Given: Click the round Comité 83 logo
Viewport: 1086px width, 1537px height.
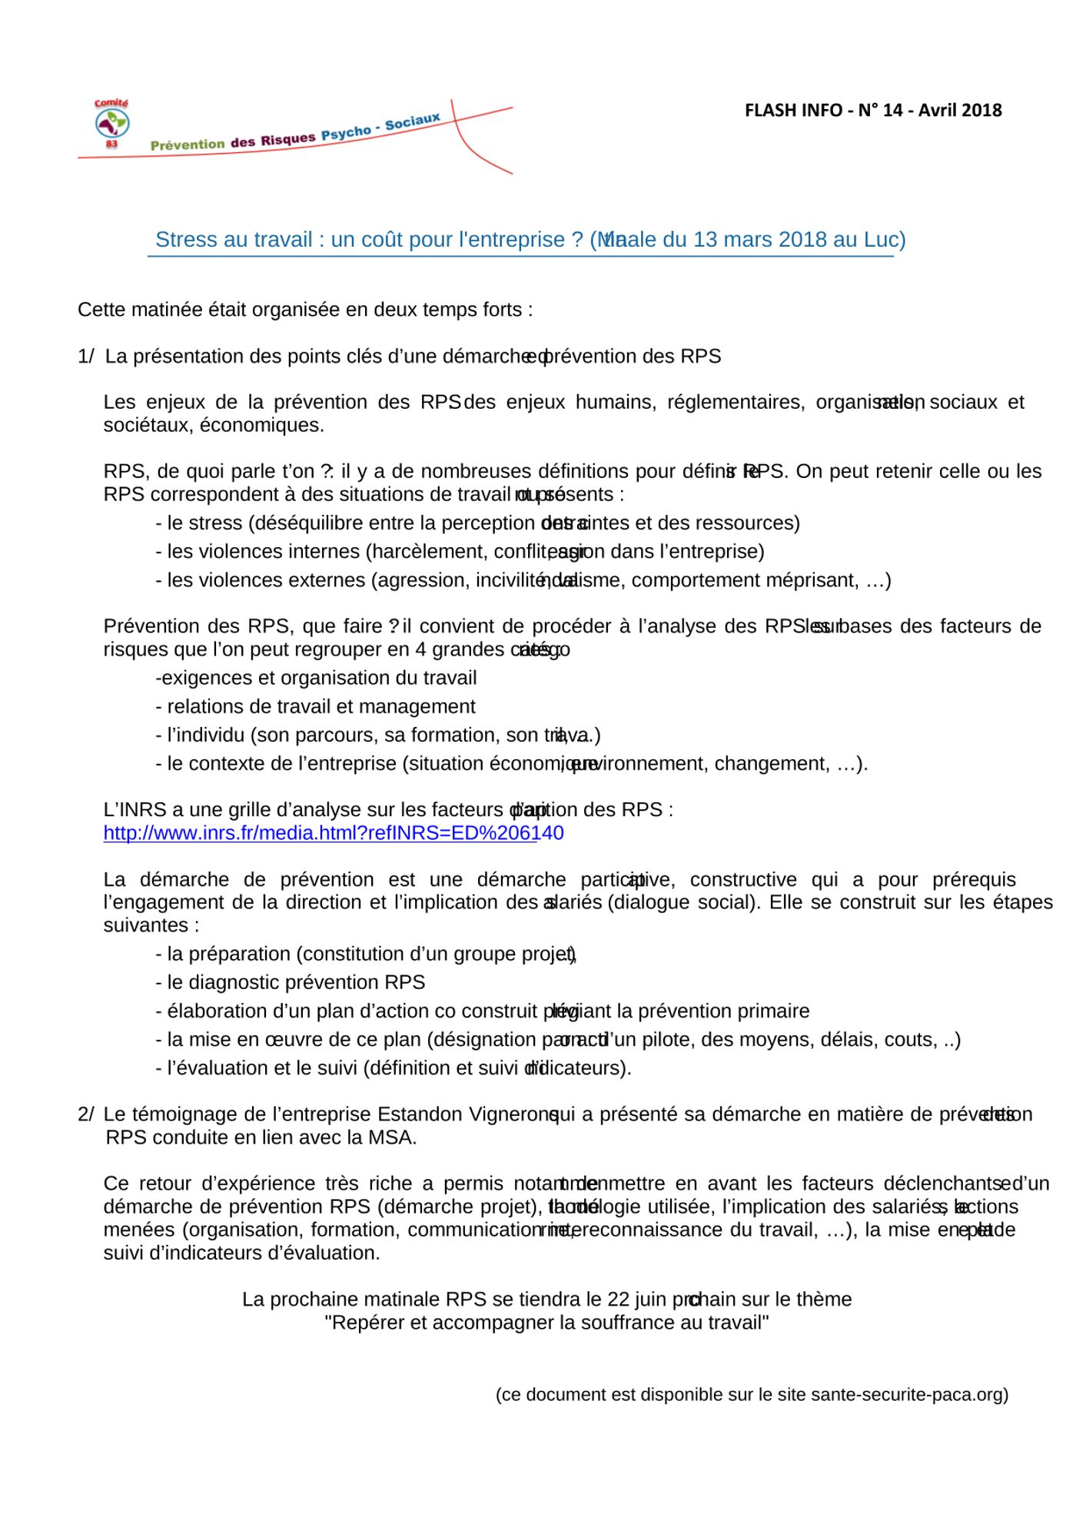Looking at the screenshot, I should [x=111, y=124].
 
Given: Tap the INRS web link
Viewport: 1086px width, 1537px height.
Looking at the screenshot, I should [x=333, y=833].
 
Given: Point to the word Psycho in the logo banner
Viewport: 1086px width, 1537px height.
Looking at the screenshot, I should [x=346, y=132].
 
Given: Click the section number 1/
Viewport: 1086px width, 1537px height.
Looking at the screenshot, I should [x=86, y=357].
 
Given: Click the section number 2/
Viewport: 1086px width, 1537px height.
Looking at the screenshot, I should [x=86, y=1115].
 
